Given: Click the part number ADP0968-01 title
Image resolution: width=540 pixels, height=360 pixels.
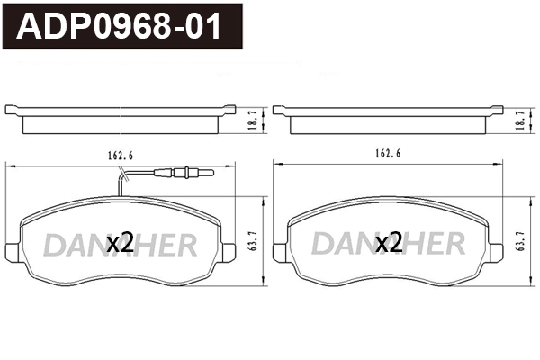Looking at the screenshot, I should [x=122, y=27].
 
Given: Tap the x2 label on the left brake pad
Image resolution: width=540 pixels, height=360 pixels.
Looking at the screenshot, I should [x=120, y=242].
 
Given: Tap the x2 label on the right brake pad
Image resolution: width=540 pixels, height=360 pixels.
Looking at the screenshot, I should [x=388, y=242].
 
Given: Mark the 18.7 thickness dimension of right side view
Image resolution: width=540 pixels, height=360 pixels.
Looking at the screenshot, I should [x=519, y=119].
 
